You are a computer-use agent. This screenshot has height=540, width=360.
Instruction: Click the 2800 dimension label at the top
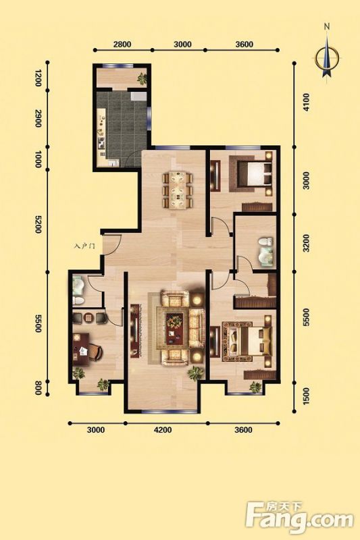click(122, 44)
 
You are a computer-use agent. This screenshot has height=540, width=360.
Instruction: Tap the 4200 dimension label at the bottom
click(163, 430)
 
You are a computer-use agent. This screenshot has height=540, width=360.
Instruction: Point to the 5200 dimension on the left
click(38, 225)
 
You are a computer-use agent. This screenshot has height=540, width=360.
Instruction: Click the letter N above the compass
click(328, 26)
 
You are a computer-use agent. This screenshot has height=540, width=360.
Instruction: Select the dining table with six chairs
click(178, 190)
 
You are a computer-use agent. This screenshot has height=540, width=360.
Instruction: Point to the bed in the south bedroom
click(249, 341)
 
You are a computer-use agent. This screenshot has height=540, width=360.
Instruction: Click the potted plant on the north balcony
click(142, 78)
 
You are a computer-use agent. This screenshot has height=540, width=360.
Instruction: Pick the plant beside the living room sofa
click(195, 373)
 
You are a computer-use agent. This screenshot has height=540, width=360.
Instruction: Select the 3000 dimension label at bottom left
click(96, 430)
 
